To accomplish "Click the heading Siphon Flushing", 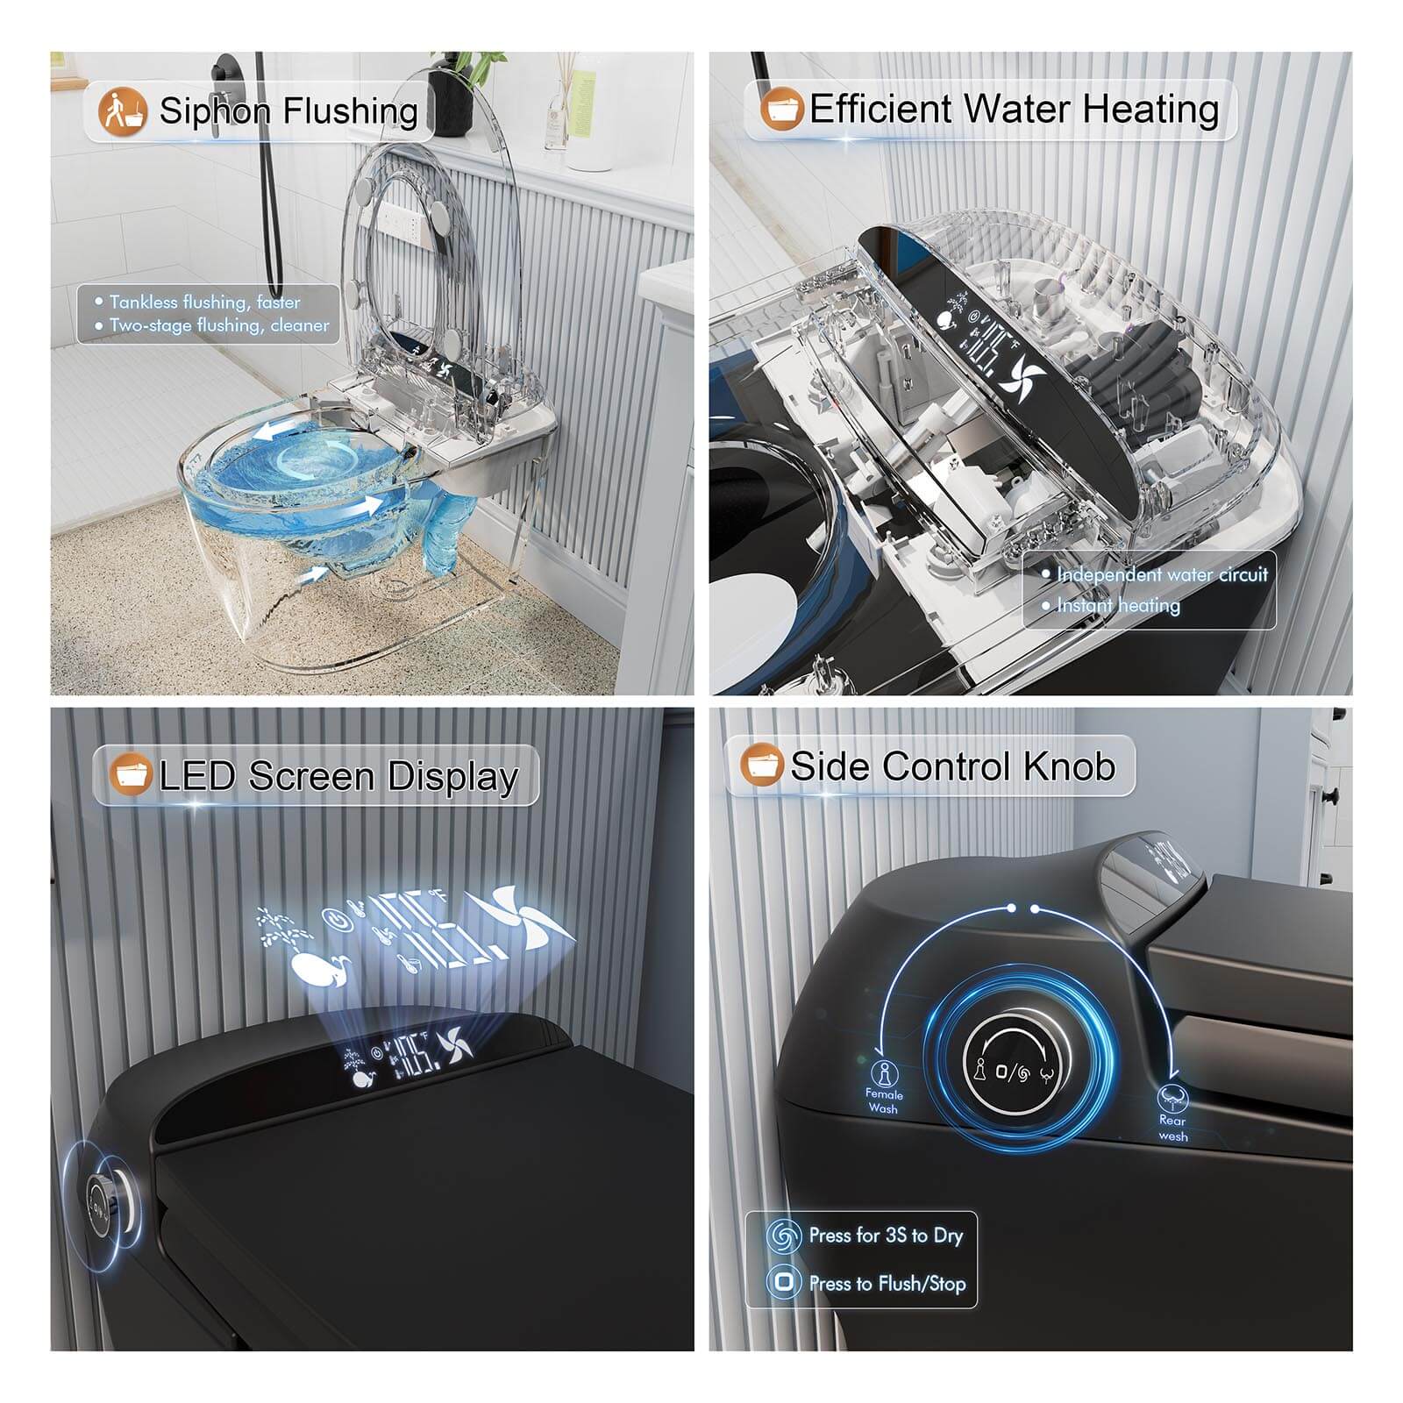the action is coord(288,111).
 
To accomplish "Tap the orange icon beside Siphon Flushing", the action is coord(121,111).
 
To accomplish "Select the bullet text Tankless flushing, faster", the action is coord(204,302).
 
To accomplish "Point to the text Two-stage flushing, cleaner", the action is coord(219,325).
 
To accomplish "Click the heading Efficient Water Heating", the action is coord(1014,110).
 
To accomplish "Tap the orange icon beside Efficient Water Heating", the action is coord(782,110).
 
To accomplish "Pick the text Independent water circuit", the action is coord(1162,574).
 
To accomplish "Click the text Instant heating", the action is coord(1118,605).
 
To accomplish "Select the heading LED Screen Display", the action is coord(338,777).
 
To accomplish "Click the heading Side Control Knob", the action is coord(952,766).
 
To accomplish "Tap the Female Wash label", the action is coord(884,1101).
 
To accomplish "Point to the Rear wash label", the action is coord(1172,1128).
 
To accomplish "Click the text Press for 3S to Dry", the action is coord(886,1236).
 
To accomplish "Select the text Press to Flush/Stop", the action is coord(887,1284).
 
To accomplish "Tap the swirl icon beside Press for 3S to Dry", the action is coord(784,1236).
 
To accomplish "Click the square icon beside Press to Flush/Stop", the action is coord(784,1283).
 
